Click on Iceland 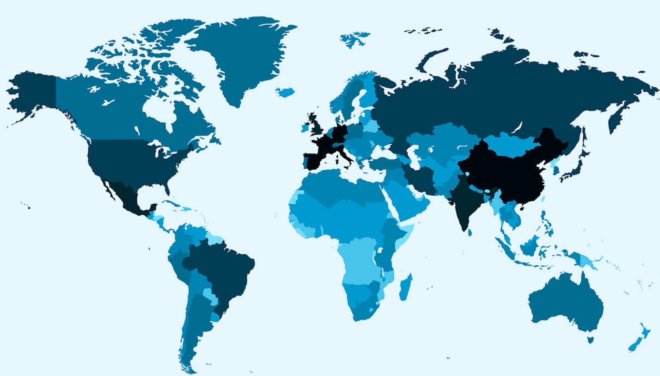[x=285, y=92]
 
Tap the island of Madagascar [x=406, y=288]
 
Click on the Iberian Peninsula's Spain [x=315, y=162]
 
